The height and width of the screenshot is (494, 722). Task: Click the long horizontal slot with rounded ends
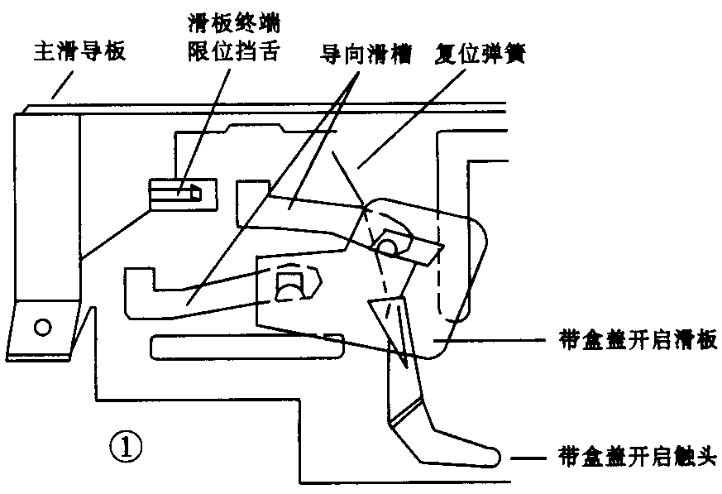coord(246,345)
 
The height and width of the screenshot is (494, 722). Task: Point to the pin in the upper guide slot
coord(388,246)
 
